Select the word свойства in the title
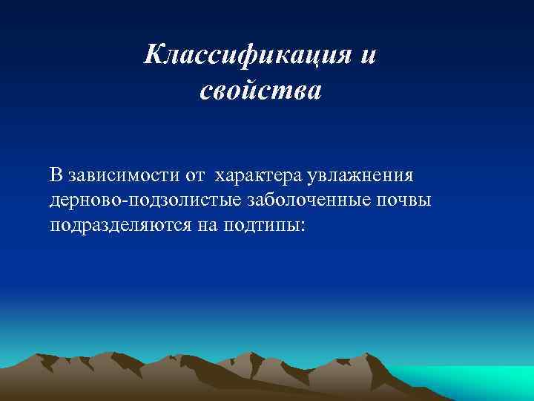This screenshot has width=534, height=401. pos(261,92)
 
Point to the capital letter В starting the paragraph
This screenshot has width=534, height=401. pos(56,176)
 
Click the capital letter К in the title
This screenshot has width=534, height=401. pos(152,54)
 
